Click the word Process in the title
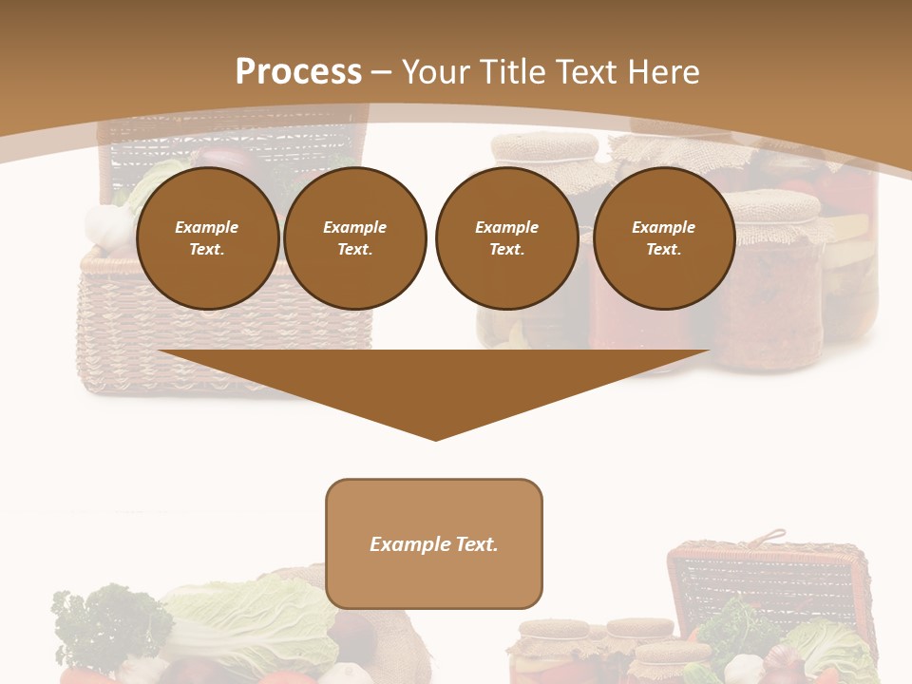(298, 72)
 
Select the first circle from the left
(207, 238)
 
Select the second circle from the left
(355, 238)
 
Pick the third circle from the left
(506, 238)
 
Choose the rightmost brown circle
(663, 238)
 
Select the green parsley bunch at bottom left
(104, 622)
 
